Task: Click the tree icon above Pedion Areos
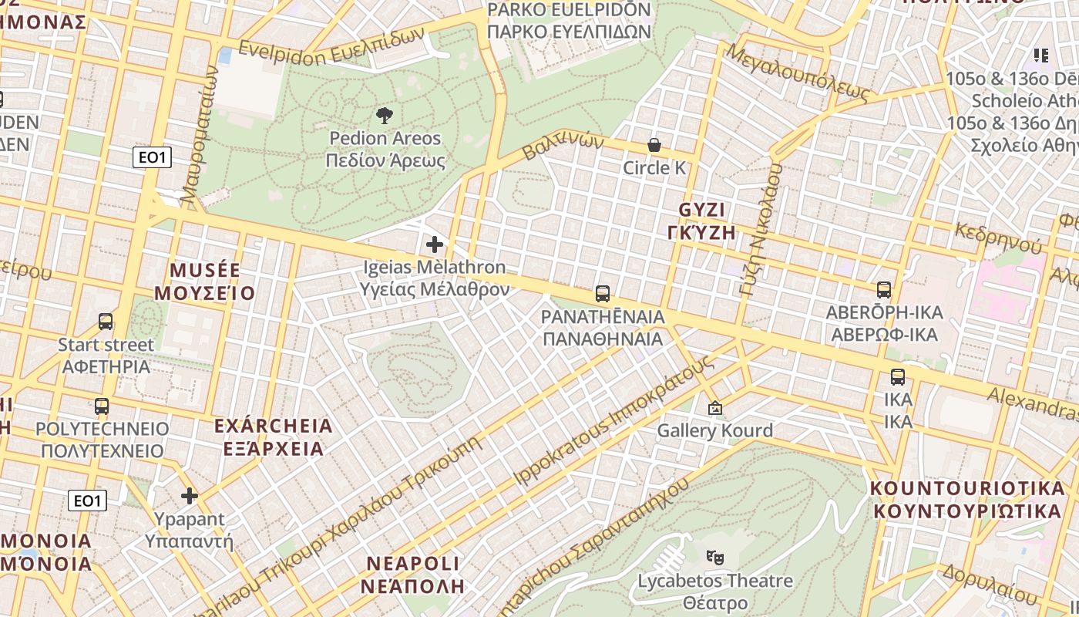point(384,116)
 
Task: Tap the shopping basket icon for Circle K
point(654,145)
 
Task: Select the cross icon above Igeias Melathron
point(435,244)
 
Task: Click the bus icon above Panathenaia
point(602,294)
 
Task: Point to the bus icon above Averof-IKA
point(883,290)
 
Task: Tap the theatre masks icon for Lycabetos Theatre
point(715,556)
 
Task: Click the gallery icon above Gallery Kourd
point(714,408)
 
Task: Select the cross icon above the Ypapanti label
point(190,495)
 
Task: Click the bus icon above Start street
point(106,322)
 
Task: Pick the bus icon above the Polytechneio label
point(101,406)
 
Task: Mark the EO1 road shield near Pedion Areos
point(151,158)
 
